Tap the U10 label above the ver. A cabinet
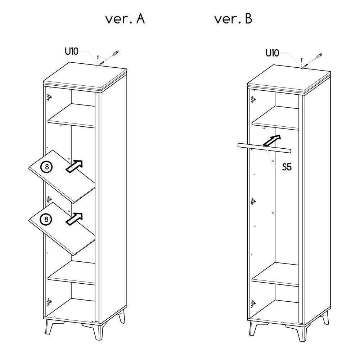72,51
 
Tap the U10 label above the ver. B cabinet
272,53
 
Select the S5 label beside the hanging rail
287,167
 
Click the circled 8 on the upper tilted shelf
46,167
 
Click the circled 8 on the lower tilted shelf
46,220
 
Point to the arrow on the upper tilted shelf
74,166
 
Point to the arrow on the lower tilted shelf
74,219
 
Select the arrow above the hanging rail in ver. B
272,140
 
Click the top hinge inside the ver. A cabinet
49,97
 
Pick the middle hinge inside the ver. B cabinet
253,202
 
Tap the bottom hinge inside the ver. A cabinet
49,302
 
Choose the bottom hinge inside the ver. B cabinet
253,303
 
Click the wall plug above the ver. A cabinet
115,53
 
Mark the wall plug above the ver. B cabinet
319,55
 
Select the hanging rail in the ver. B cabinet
265,148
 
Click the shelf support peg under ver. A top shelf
60,125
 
